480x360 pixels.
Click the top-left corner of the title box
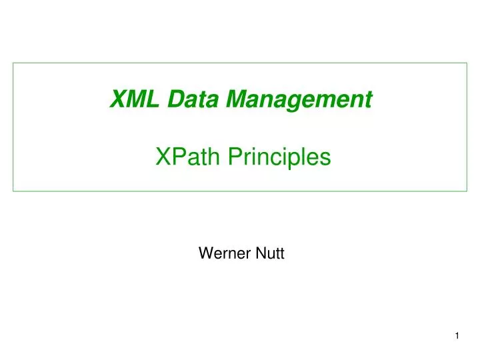point(13,63)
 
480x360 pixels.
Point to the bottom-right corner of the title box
point(467,191)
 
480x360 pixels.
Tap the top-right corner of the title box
point(467,63)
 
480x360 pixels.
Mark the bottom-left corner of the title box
point(13,191)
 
